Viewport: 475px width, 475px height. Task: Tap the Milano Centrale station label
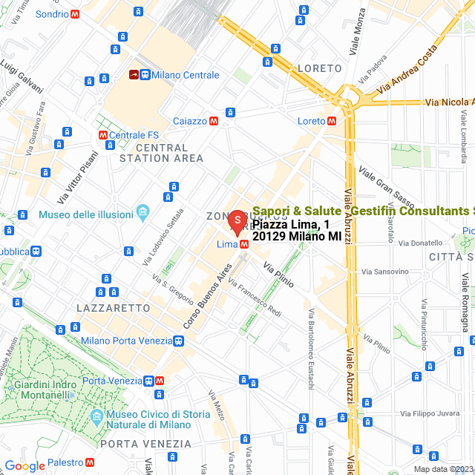[x=185, y=75]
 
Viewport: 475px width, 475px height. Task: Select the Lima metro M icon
[x=244, y=244]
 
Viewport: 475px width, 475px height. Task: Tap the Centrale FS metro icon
[x=102, y=135]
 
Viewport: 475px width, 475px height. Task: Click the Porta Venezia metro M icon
[x=160, y=381]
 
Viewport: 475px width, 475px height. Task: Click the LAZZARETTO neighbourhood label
[x=114, y=307]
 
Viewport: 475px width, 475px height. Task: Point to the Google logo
[x=24, y=465]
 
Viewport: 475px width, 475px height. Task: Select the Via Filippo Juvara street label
[x=430, y=413]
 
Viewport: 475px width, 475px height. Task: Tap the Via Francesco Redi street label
[x=255, y=298]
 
